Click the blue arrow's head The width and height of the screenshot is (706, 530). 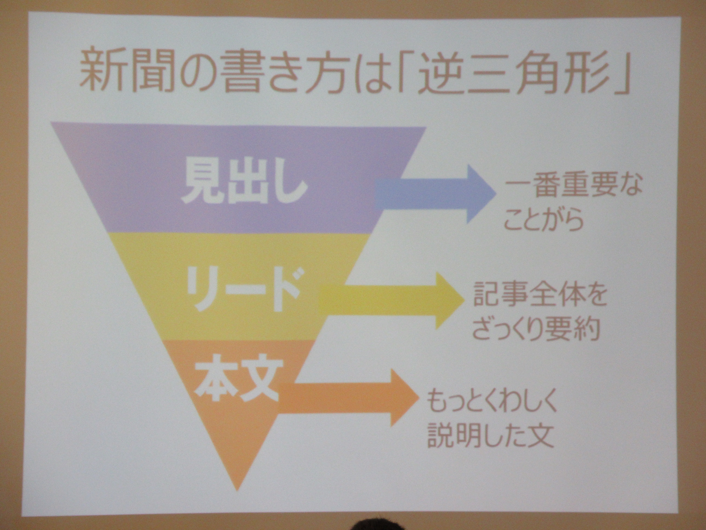(480, 194)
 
